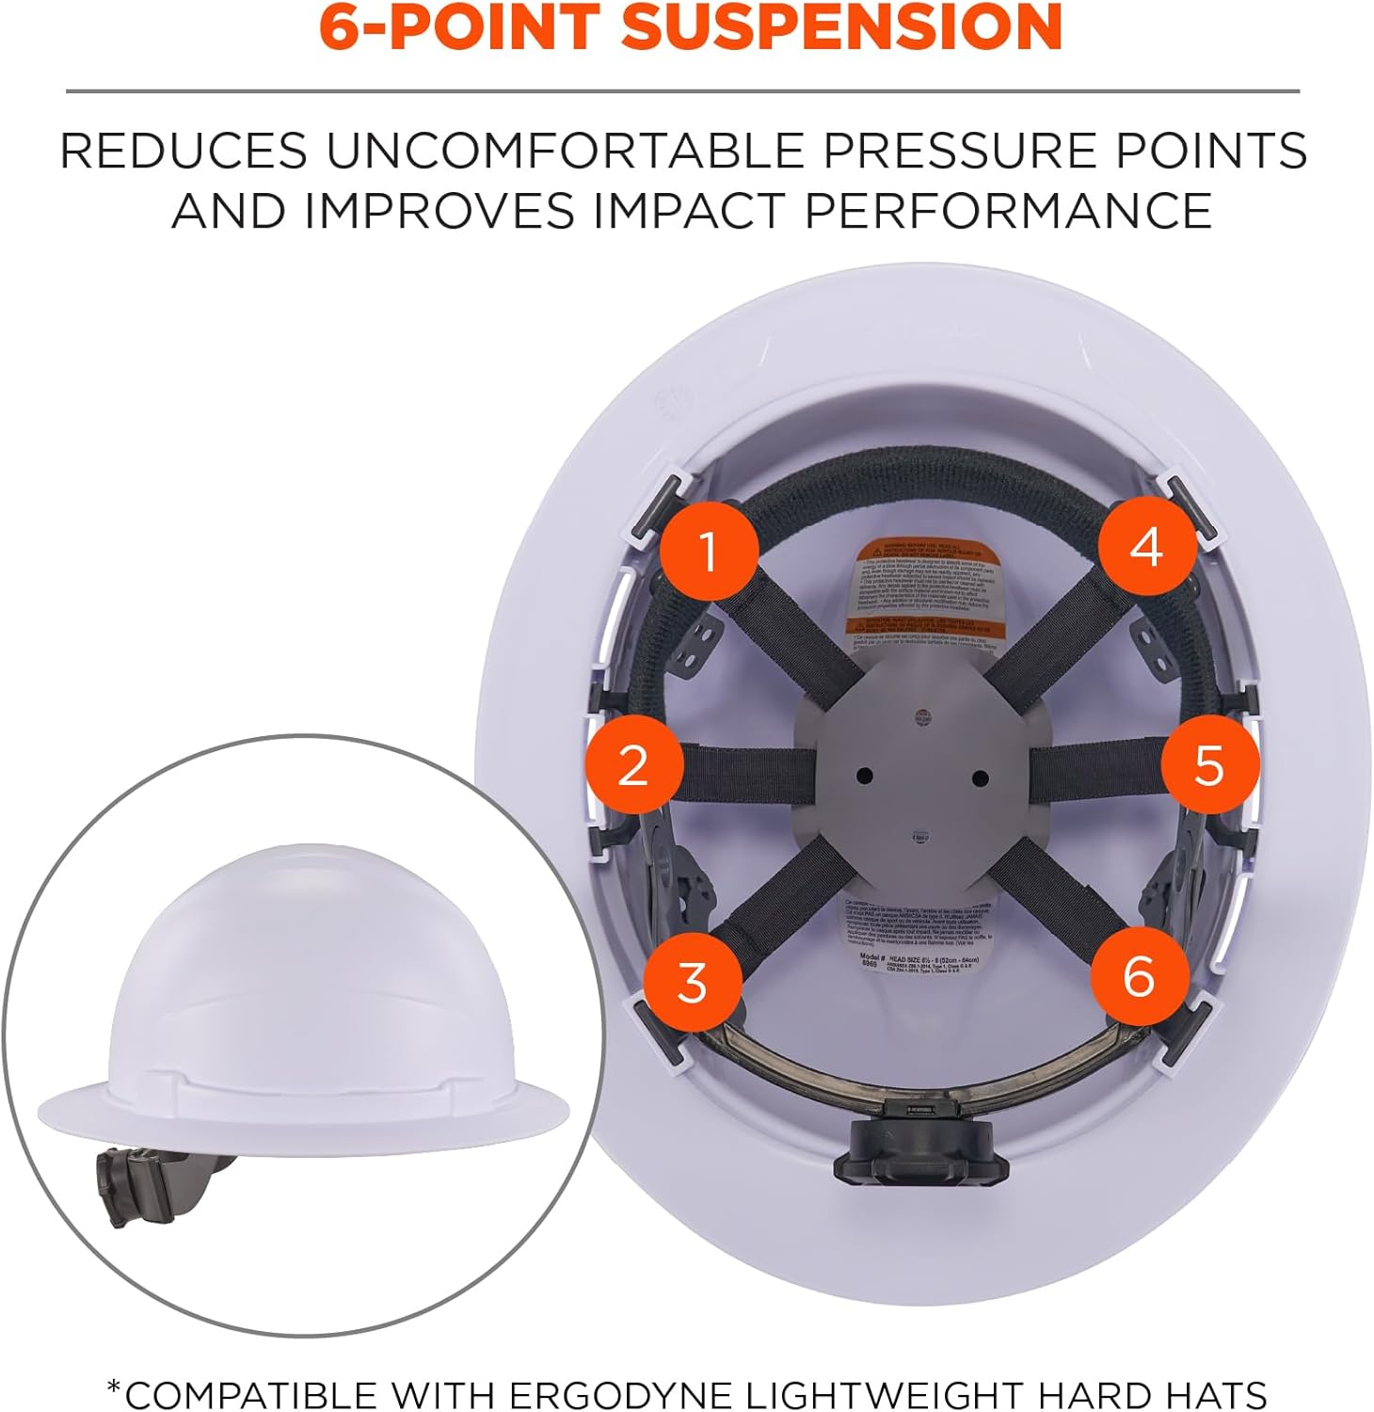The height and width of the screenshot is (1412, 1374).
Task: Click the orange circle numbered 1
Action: click(x=709, y=550)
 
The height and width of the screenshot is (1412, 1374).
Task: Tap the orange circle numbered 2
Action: click(x=633, y=763)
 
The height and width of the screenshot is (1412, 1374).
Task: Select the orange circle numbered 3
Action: click(x=692, y=982)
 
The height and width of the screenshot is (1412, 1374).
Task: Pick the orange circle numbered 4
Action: click(x=1146, y=547)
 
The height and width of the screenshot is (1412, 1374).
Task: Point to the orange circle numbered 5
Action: click(x=1208, y=763)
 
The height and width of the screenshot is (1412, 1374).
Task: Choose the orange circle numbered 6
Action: click(x=1139, y=975)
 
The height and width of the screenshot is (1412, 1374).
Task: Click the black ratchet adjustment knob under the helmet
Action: click(x=921, y=1150)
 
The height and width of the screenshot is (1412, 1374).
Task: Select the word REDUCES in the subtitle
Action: click(x=184, y=151)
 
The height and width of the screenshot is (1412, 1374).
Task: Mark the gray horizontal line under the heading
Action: click(x=682, y=91)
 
